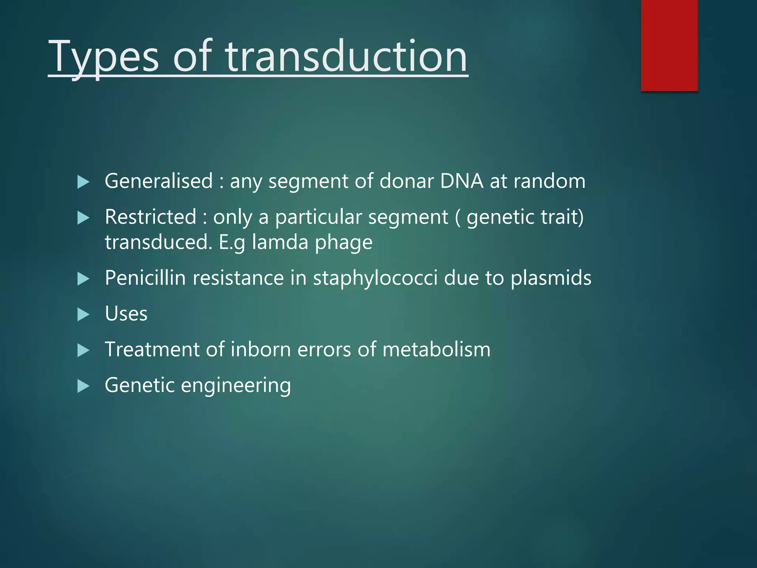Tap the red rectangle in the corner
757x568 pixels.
tap(669, 45)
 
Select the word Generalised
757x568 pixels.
tap(159, 181)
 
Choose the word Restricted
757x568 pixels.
tap(150, 217)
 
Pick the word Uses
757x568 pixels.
tap(126, 314)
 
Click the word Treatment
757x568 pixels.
tap(152, 349)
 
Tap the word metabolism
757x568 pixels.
tap(436, 349)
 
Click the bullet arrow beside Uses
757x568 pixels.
tap(84, 315)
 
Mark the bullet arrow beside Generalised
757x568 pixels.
tap(84, 182)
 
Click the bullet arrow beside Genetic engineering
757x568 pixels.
tap(84, 386)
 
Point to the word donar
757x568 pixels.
tap(407, 181)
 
